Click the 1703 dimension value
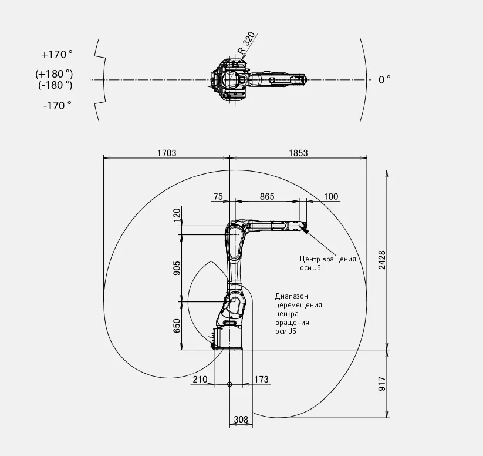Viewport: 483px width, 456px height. point(167,153)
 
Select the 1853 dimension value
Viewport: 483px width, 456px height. point(298,153)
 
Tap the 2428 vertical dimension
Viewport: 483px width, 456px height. point(382,260)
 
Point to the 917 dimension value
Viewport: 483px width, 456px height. point(382,384)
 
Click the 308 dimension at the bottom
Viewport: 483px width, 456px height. point(241,420)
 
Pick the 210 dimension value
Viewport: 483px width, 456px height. point(200,379)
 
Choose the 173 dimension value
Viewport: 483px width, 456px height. point(262,379)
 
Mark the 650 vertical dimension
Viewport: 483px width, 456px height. point(177,326)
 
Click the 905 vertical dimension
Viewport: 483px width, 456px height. point(177,268)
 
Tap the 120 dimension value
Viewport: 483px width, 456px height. point(177,215)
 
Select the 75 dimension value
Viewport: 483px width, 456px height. point(218,196)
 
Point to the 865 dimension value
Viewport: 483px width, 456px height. point(267,196)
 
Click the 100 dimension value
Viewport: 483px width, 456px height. point(331,196)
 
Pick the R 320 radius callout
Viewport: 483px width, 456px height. point(246,42)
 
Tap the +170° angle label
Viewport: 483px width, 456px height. point(57,55)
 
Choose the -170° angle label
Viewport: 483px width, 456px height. point(58,106)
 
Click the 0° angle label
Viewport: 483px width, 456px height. point(384,79)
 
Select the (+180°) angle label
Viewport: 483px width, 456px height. point(54,74)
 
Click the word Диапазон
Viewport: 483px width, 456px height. point(292,296)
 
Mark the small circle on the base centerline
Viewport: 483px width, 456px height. point(229,384)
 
